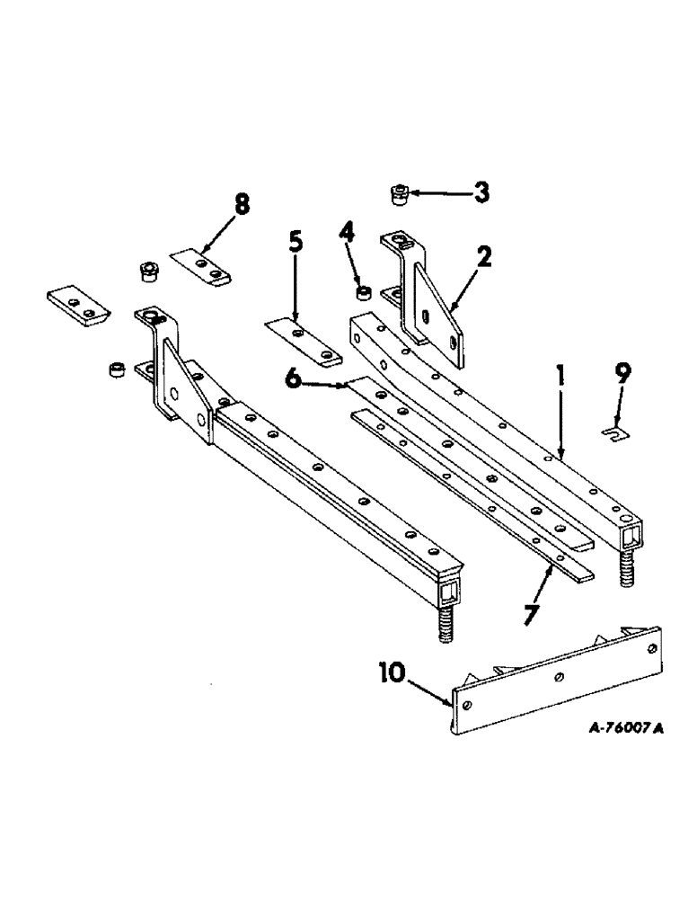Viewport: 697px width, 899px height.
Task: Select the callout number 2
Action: pyautogui.click(x=484, y=258)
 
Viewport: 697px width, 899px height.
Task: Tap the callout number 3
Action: pyautogui.click(x=482, y=191)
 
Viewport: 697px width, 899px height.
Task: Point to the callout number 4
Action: pyautogui.click(x=348, y=243)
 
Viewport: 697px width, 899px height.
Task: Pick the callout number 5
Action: pyautogui.click(x=296, y=243)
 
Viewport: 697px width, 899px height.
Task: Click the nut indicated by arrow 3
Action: pyautogui.click(x=400, y=193)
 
